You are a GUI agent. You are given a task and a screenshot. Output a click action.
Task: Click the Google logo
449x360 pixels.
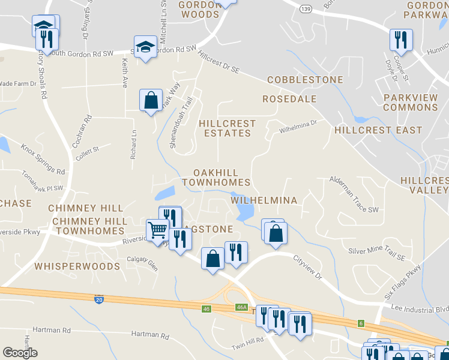point(20,353)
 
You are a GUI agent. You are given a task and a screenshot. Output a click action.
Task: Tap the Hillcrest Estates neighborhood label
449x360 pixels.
point(226,128)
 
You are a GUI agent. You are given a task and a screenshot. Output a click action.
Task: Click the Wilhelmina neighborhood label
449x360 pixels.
point(264,200)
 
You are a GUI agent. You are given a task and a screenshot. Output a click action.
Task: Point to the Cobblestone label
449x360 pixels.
point(305,80)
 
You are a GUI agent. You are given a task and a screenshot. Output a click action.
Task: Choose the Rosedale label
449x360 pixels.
point(289,99)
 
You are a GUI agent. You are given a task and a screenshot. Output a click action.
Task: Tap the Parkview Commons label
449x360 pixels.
point(410,102)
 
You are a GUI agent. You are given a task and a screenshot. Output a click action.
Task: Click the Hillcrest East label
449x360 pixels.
point(378,130)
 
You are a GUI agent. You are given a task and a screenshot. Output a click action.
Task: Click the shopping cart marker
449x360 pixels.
point(157,229)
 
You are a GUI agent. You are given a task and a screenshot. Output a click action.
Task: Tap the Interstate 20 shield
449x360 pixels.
point(98,298)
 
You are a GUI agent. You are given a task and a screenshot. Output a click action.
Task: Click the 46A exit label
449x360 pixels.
point(241,307)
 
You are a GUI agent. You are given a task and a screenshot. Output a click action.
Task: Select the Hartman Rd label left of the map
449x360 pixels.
point(52,330)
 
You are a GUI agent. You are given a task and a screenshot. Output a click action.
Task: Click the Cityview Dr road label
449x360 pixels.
point(307,268)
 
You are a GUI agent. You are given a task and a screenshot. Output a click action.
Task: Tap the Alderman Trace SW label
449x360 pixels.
point(354,194)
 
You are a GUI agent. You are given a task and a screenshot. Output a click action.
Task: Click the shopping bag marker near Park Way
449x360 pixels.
point(151,100)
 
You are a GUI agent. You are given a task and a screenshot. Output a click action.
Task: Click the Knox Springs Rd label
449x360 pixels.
point(43,158)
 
